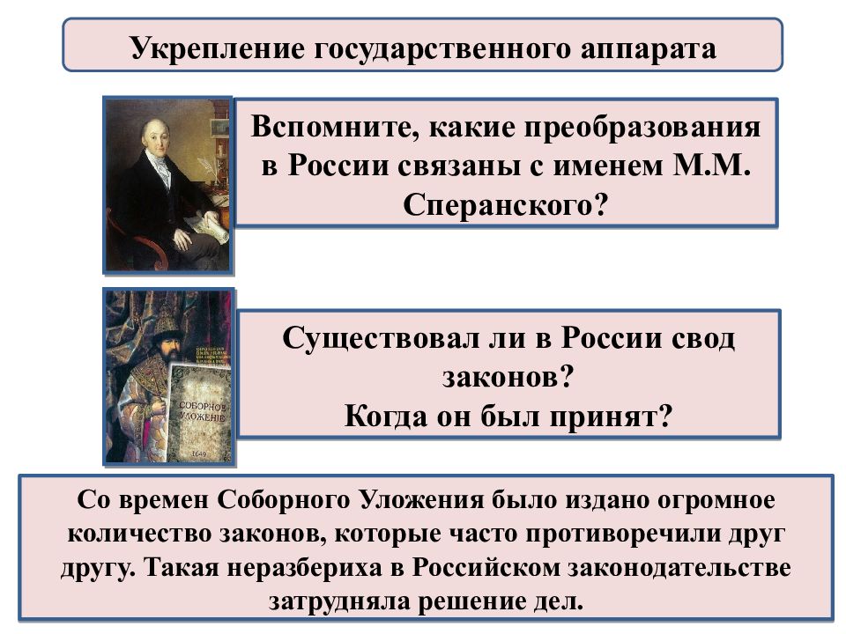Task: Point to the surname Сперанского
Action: (x=496, y=204)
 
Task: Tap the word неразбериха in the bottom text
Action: (x=293, y=567)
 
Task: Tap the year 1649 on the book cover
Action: (x=201, y=452)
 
